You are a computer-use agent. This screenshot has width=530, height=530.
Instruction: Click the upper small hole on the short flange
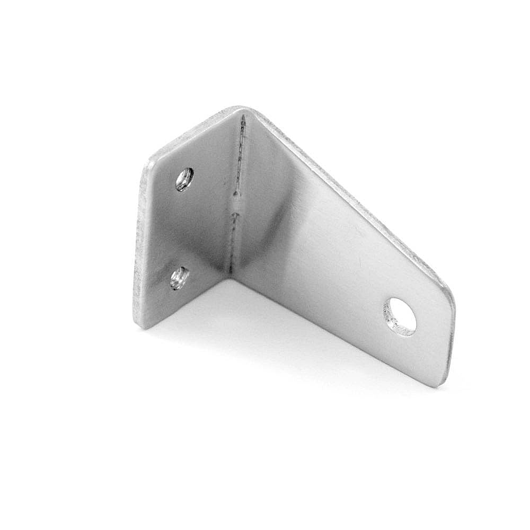[184, 179]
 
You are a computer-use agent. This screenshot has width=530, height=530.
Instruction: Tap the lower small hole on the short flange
[180, 278]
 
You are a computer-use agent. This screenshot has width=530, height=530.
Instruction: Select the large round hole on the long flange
[400, 316]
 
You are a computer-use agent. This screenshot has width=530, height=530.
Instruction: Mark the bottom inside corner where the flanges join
[229, 275]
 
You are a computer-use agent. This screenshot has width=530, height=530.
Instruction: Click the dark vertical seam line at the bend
[238, 159]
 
